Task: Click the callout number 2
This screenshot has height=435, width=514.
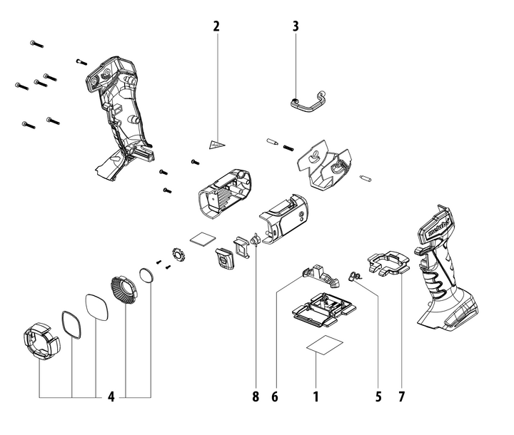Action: tap(216, 26)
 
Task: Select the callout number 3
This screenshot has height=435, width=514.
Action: tap(296, 26)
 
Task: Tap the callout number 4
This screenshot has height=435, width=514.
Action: tap(111, 396)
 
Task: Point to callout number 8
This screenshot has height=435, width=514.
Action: tap(255, 396)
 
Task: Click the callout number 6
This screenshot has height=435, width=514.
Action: tap(274, 396)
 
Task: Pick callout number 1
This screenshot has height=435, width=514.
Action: tap(315, 396)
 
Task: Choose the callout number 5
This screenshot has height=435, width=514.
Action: tap(379, 396)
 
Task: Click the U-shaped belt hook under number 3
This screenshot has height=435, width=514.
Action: tap(308, 104)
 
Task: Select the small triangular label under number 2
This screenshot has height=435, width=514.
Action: tap(216, 144)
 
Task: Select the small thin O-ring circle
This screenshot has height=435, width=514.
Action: tap(146, 275)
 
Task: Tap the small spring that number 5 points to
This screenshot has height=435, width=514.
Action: tap(354, 275)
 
